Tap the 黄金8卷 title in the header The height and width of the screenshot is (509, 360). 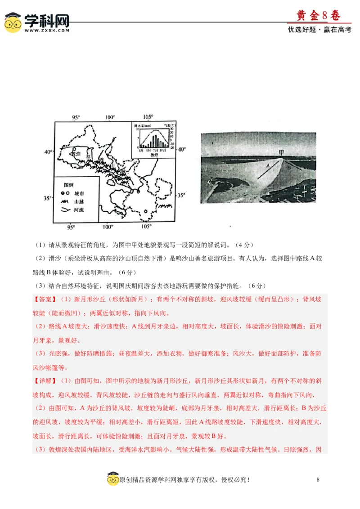pyautogui.click(x=318, y=16)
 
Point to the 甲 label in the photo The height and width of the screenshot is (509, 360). pyautogui.click(x=282, y=153)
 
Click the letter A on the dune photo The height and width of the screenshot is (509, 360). pyautogui.click(x=268, y=165)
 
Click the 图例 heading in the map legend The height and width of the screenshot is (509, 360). pyautogui.click(x=68, y=185)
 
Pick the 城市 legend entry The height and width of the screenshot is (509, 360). pyautogui.click(x=79, y=193)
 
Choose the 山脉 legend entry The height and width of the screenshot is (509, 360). pyautogui.click(x=79, y=201)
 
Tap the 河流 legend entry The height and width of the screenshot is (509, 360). pyautogui.click(x=79, y=210)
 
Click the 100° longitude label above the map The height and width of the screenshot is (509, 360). pyautogui.click(x=110, y=117)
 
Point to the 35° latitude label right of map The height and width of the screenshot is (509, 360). pyautogui.click(x=180, y=195)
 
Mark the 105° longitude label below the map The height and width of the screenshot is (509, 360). pyautogui.click(x=147, y=226)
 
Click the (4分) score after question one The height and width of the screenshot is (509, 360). pyautogui.click(x=246, y=245)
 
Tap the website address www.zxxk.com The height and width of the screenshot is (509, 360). pyautogui.click(x=47, y=31)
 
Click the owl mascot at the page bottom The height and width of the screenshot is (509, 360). pyautogui.click(x=112, y=479)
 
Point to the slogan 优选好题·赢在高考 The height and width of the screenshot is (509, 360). pyautogui.click(x=319, y=30)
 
